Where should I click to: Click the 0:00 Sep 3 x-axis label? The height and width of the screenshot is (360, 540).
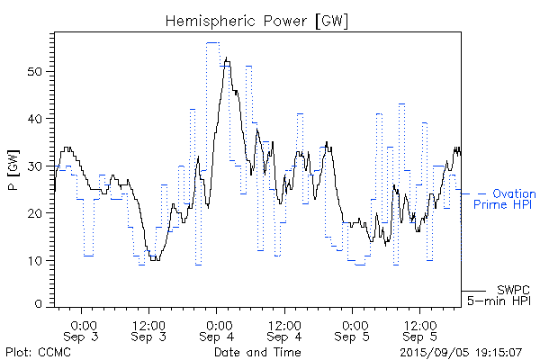83,330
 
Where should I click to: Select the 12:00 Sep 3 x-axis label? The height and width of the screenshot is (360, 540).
148,330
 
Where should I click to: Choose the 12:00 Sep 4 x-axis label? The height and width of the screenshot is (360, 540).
284,330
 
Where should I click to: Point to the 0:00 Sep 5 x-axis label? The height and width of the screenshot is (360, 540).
354,330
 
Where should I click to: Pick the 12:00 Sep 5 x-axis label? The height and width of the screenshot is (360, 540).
421,330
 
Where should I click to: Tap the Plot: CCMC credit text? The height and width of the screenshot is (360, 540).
37,351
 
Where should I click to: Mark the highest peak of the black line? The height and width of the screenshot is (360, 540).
226,58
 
